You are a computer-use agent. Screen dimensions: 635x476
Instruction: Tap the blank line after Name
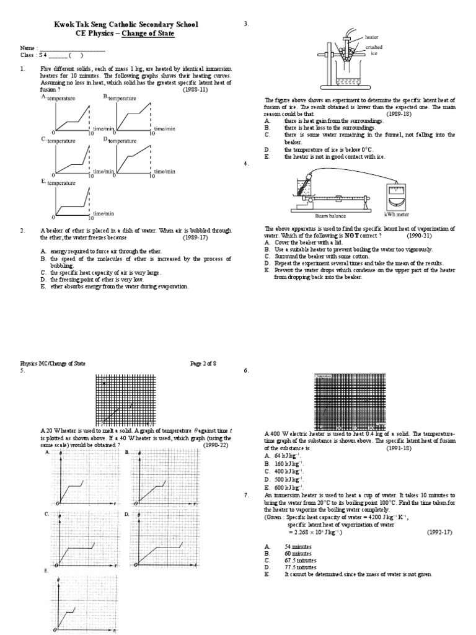[73, 48]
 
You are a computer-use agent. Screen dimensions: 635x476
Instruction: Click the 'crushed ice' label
[374, 50]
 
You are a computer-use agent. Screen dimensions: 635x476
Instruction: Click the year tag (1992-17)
[441, 532]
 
